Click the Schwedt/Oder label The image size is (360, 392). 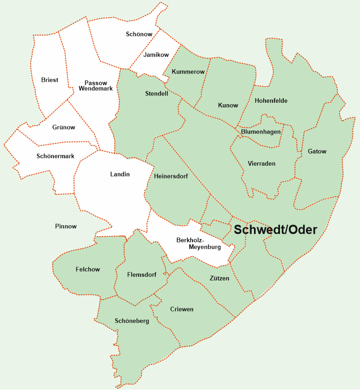275,230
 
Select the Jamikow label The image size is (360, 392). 156,55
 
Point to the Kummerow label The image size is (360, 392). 188,72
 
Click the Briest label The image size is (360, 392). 50,80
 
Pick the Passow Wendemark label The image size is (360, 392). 96,86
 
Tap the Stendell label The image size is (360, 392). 157,93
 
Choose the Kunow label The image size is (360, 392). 228,105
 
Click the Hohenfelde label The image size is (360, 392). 271,100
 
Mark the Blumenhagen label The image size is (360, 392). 261,132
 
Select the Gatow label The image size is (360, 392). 317,151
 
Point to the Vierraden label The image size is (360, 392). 262,164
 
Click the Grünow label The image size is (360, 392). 64,127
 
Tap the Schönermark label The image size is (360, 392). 55,156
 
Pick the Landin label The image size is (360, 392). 120,174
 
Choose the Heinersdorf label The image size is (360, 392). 171,176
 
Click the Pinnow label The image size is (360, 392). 66,226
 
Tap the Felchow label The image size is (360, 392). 88,269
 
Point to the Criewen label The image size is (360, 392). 182,309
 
